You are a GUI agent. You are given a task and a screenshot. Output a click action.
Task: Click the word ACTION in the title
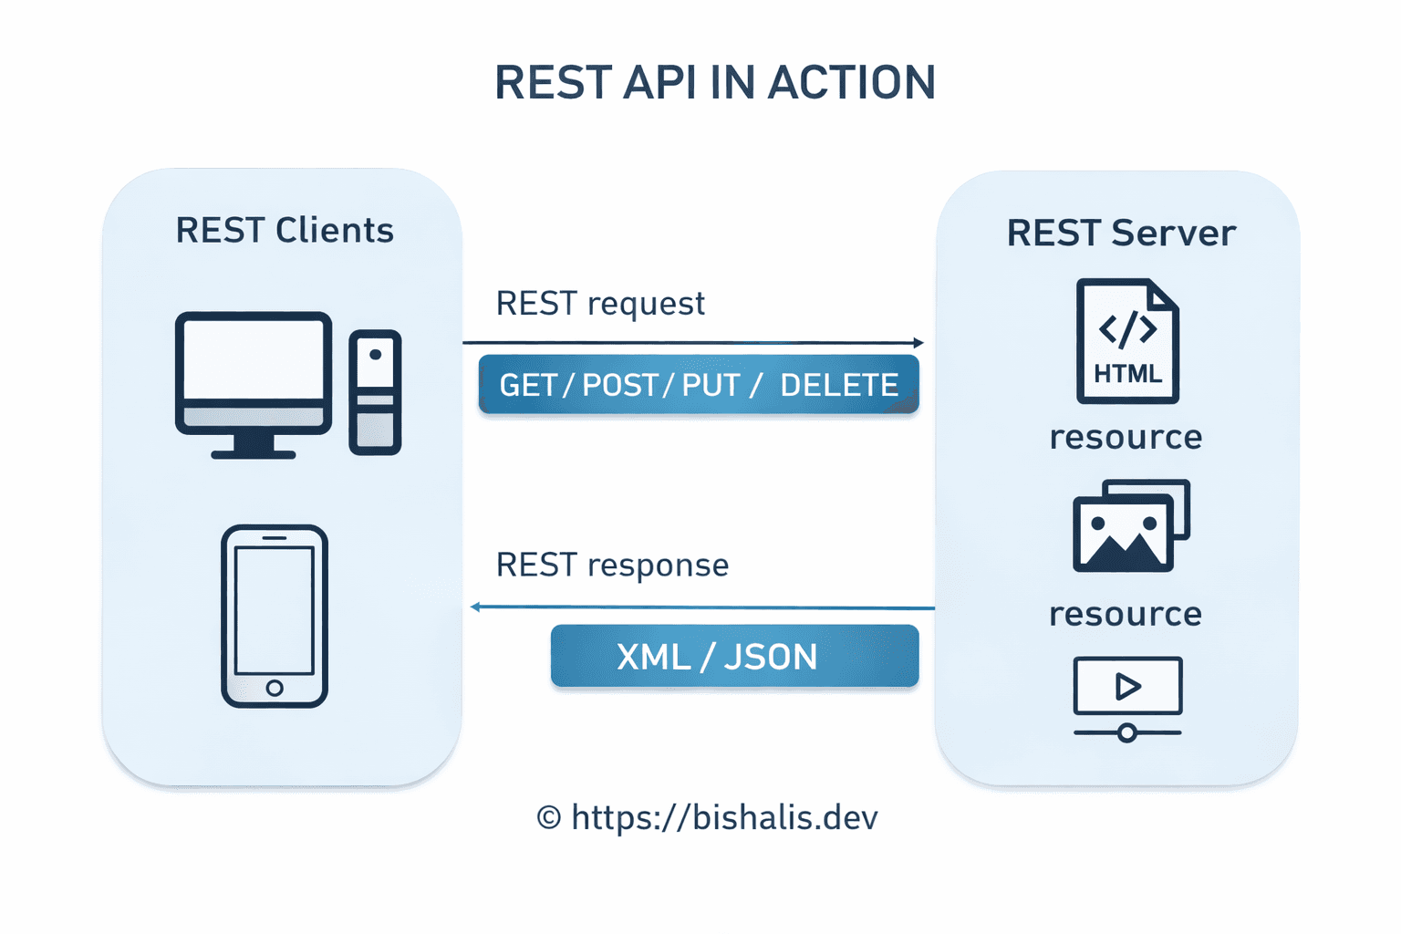[x=851, y=83]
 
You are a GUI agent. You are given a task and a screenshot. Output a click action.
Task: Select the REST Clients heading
[x=285, y=231]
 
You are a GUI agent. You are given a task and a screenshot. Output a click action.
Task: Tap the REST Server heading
[x=1121, y=233]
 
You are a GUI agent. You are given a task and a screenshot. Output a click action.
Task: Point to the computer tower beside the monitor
[x=375, y=392]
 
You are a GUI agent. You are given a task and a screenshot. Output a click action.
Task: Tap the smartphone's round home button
[x=275, y=688]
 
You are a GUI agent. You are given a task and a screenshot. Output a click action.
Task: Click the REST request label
[x=600, y=303]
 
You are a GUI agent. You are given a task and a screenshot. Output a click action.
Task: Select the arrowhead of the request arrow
[x=918, y=343]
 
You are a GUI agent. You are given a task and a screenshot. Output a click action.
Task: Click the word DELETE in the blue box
[x=839, y=385]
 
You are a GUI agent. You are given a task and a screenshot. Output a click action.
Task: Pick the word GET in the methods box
[x=528, y=385]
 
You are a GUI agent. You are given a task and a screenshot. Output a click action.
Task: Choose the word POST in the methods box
[x=620, y=385]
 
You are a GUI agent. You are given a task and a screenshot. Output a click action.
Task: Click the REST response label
[x=612, y=565]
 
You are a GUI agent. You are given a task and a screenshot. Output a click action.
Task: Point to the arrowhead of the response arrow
[x=475, y=607]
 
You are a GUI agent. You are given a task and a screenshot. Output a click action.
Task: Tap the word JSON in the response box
[x=771, y=657]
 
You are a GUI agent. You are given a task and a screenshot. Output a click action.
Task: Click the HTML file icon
[x=1127, y=341]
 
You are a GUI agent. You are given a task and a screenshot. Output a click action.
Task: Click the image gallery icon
[x=1130, y=526]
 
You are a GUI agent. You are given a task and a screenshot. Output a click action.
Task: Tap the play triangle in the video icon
[x=1127, y=686]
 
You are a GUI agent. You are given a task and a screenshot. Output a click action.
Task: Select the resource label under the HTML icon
[x=1126, y=437]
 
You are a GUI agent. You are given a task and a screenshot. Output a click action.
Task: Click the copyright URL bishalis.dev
[x=723, y=817]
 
